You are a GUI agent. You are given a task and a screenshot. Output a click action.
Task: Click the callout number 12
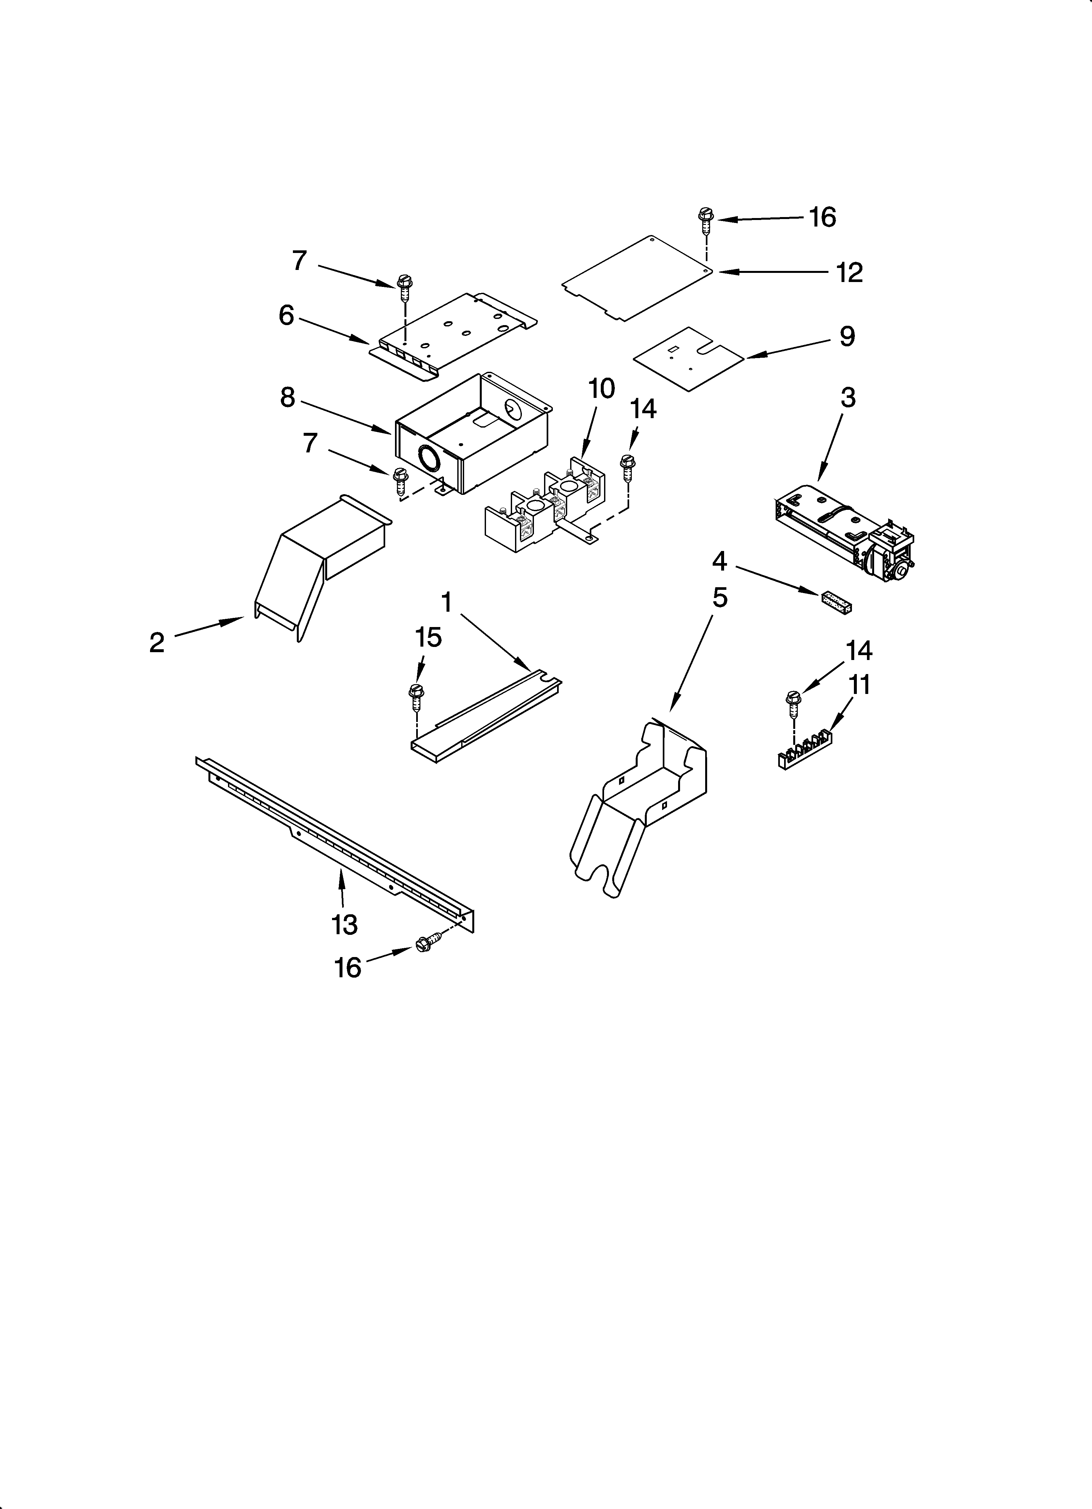pos(849,273)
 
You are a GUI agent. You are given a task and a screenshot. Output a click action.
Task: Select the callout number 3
pos(847,398)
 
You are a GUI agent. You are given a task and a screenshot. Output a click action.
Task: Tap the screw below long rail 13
pos(425,945)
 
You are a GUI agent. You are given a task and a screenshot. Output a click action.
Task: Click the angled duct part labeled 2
pos(319,566)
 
